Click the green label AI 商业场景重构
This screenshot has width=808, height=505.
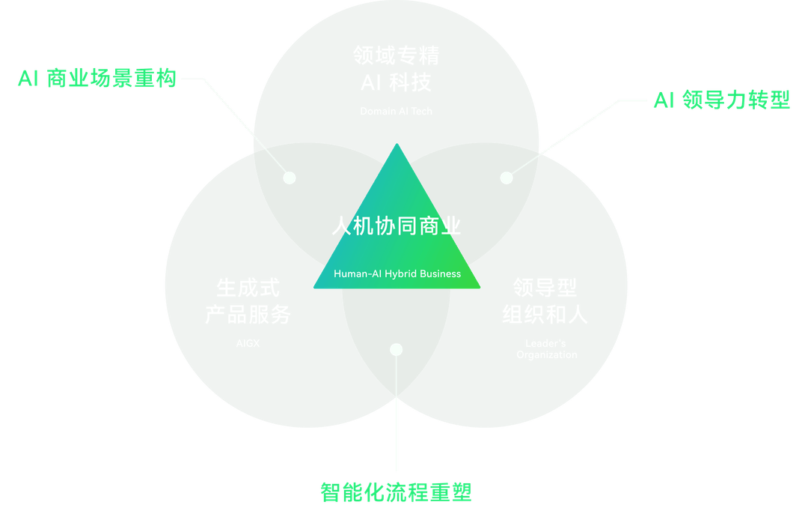[97, 79]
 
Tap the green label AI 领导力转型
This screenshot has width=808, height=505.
[722, 100]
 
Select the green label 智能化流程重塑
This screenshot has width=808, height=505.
[397, 492]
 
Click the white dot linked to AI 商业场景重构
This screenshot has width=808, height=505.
[290, 178]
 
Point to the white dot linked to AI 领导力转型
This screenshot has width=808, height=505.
[506, 178]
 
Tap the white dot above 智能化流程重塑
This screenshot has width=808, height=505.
[397, 349]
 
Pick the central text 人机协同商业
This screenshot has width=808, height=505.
[397, 226]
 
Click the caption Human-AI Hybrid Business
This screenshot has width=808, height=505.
[397, 273]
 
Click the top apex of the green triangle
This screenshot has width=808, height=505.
[397, 145]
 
